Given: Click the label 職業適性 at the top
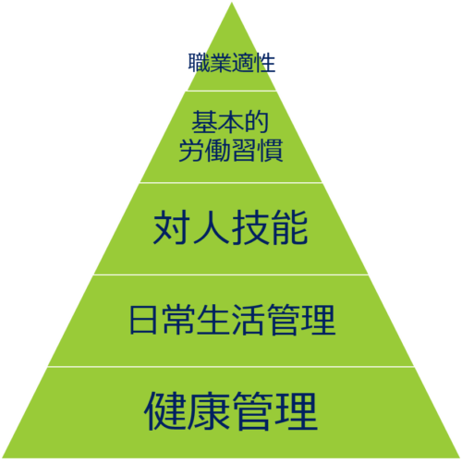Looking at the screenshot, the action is pos(232,63).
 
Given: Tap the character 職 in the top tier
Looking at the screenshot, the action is pos(199,63).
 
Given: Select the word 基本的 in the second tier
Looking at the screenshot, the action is pos(230,122).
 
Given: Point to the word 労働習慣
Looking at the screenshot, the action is pos(231,150).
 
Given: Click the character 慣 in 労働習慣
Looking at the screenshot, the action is pos(271,150).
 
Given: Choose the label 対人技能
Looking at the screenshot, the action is pos(231,227).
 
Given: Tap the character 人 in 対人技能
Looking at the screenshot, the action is pos(211,227).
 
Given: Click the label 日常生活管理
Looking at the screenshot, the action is pos(232,320).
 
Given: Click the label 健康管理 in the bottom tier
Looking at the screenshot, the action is pos(231,411).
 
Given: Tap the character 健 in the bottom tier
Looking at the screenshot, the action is pos(165,411).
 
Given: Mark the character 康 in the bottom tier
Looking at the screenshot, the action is pos(208,411).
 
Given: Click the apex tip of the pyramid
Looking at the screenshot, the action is pos(232,3).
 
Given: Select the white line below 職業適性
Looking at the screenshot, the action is pos(232,91).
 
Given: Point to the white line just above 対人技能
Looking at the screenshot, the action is pos(231,183).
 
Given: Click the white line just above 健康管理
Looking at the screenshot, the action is pos(231,367).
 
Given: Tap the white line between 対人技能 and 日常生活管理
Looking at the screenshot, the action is pos(231,274).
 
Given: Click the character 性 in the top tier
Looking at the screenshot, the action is pos(265,63).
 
